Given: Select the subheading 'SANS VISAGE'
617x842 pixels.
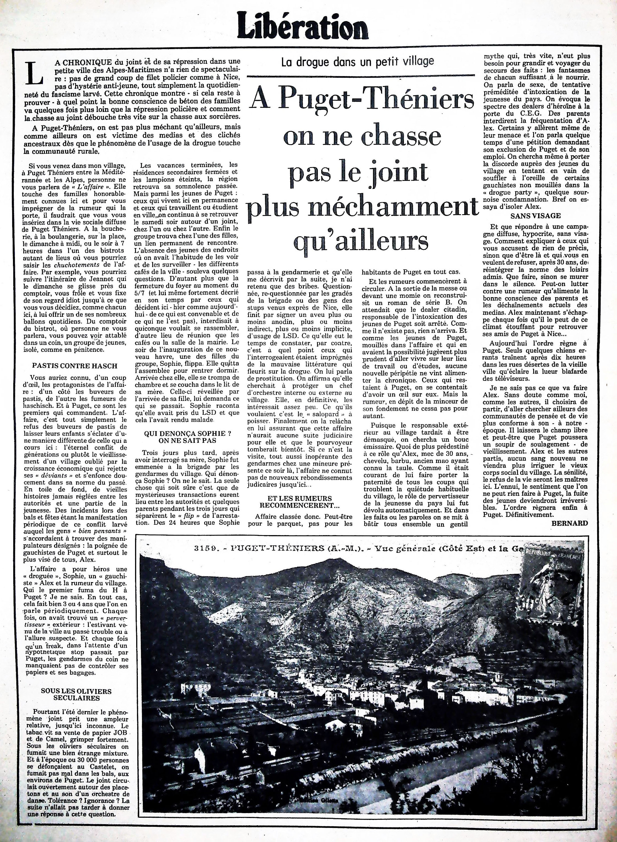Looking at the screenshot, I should pyautogui.click(x=535, y=215).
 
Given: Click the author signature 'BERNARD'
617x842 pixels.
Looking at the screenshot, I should pyautogui.click(x=569, y=523).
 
